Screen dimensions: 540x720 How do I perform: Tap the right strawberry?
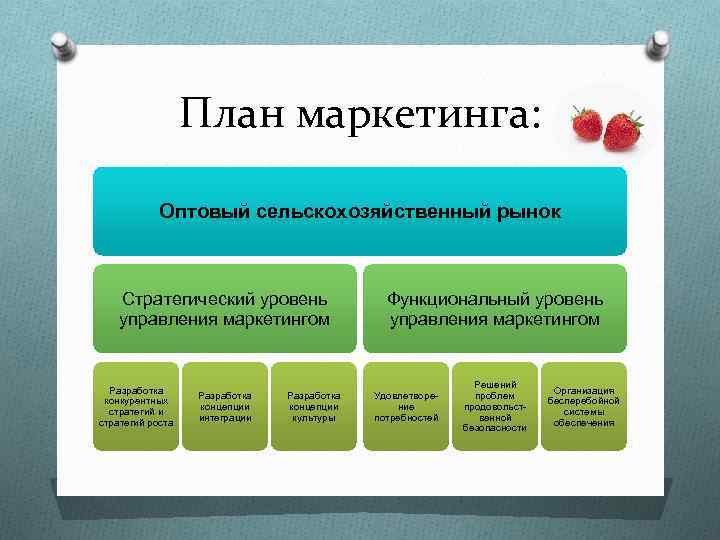(x=624, y=129)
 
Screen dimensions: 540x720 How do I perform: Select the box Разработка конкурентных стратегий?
(x=136, y=406)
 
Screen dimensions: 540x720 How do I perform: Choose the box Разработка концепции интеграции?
(x=225, y=406)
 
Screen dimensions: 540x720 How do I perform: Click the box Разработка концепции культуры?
(x=313, y=406)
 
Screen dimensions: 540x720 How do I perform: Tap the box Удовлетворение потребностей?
(x=406, y=406)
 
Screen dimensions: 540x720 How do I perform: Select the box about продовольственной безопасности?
(x=494, y=406)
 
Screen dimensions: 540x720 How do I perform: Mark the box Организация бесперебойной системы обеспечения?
(x=583, y=406)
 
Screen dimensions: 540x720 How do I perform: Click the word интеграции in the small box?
(x=225, y=417)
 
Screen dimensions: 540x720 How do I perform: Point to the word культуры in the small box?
(x=313, y=417)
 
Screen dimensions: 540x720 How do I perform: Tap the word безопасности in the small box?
(x=494, y=428)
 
